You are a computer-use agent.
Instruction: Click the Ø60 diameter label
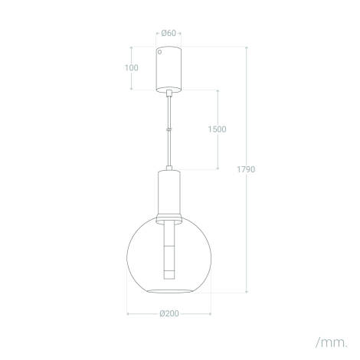(x=169, y=33)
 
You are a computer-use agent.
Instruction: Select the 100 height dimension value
(x=132, y=67)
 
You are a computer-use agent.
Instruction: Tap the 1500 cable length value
(x=217, y=129)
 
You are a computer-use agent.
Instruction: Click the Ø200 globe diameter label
(x=169, y=313)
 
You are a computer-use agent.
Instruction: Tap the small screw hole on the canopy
(x=160, y=54)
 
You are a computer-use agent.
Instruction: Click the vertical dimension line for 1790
(x=247, y=230)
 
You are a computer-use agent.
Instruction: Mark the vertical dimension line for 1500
(x=218, y=153)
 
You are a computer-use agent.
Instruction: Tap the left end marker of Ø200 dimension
(x=128, y=313)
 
